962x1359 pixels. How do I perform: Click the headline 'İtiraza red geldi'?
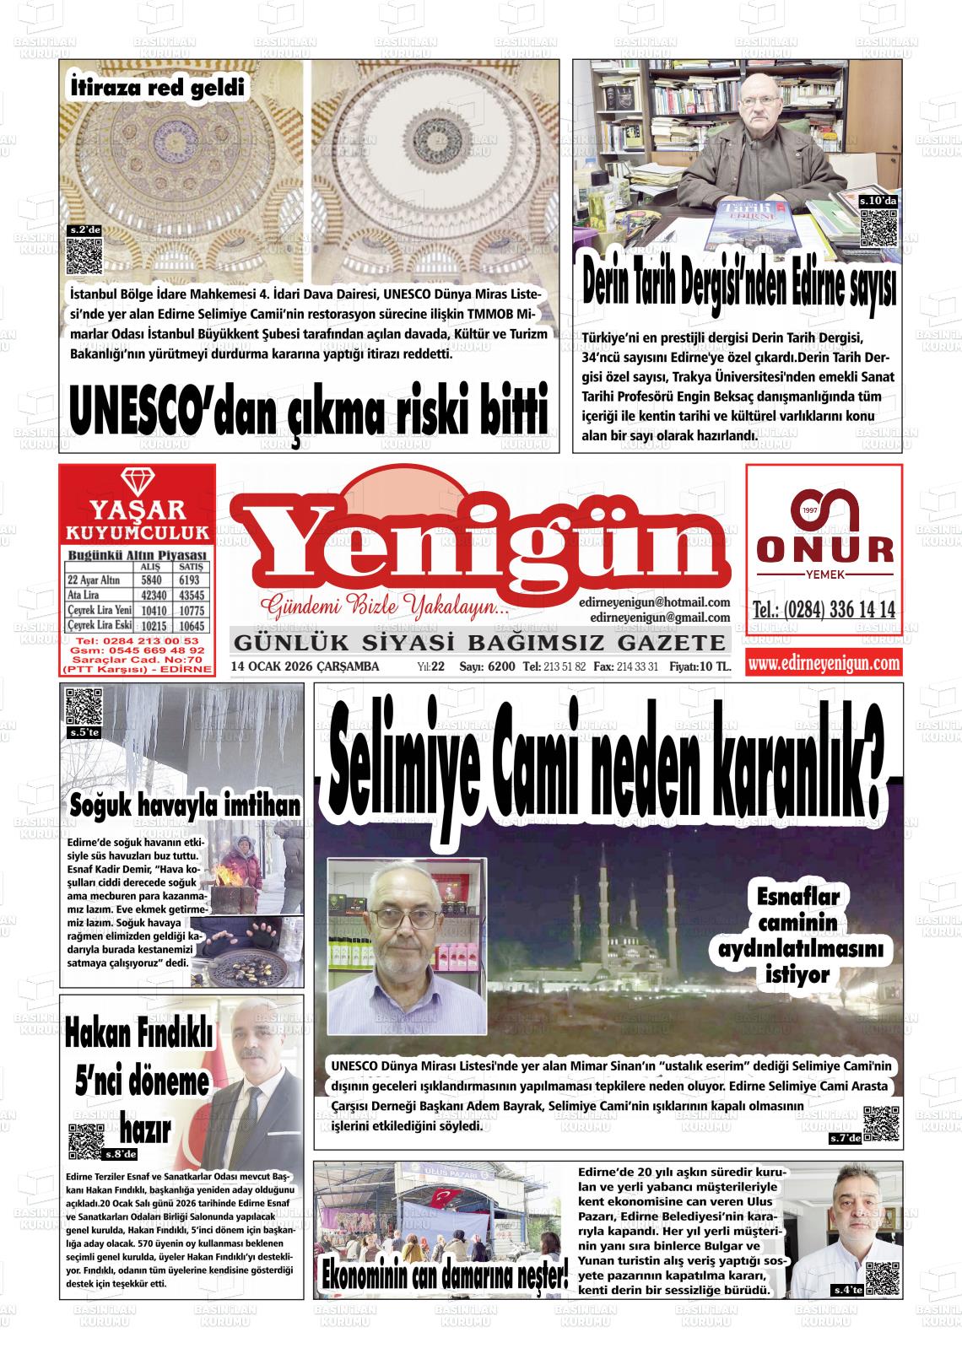[x=158, y=87]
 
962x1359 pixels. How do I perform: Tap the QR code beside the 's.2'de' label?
[x=84, y=257]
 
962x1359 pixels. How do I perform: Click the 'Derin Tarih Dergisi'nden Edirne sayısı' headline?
[x=738, y=289]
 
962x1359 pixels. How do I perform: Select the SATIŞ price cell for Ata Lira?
[x=189, y=595]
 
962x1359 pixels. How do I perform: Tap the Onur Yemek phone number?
[x=824, y=610]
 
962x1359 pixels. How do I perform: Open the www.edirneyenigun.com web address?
[x=824, y=665]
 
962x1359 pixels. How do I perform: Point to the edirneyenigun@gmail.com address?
[x=660, y=617]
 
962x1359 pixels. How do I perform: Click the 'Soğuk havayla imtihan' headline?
[x=185, y=806]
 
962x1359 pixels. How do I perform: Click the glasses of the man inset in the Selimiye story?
[x=407, y=917]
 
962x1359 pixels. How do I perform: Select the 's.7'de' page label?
[x=845, y=1140]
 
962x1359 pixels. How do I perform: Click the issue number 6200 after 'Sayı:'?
[x=500, y=667]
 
